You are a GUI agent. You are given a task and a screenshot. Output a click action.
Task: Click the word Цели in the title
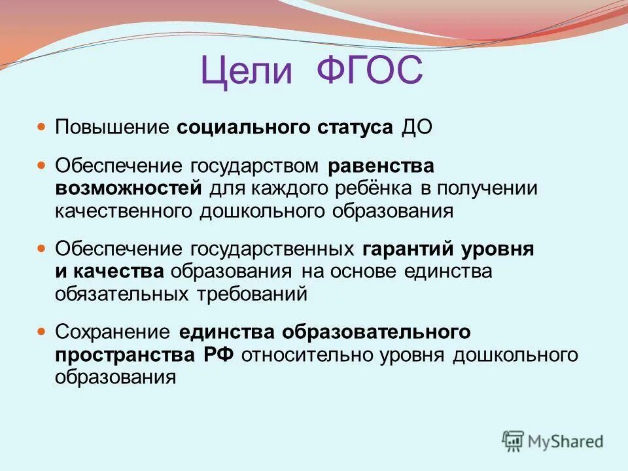[x=247, y=71]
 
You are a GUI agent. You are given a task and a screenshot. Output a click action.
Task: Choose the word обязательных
[x=123, y=293]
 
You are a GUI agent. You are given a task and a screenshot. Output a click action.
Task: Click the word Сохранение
[x=113, y=332]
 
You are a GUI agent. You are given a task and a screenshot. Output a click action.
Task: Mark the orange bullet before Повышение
[x=42, y=125]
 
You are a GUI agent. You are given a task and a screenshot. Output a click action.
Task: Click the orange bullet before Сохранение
[x=42, y=332]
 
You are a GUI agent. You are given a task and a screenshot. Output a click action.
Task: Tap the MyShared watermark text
[x=567, y=442]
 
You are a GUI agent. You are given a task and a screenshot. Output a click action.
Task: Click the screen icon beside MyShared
[x=514, y=441]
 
